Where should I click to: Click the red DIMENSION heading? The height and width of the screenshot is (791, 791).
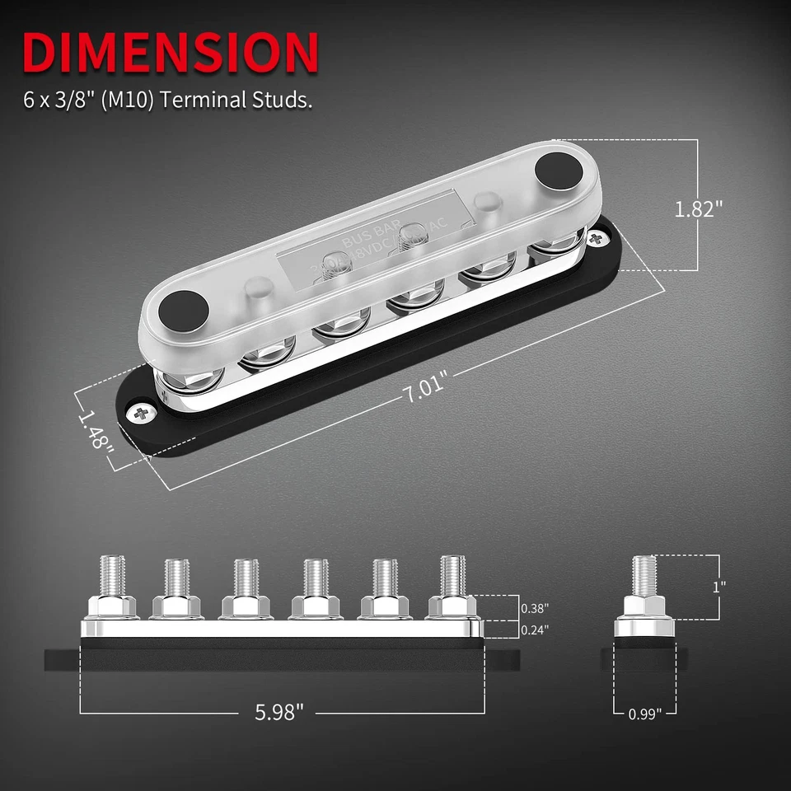point(171,52)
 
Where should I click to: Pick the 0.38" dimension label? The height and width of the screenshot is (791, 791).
point(535,609)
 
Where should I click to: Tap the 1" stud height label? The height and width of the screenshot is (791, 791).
point(719,587)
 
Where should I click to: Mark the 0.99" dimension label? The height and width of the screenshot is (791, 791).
point(645,714)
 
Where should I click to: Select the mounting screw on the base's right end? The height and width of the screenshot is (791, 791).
point(596,240)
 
